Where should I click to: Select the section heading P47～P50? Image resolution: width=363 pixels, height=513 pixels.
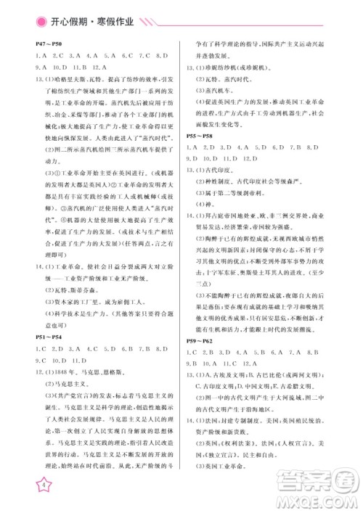pyautogui.click(x=49, y=45)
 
